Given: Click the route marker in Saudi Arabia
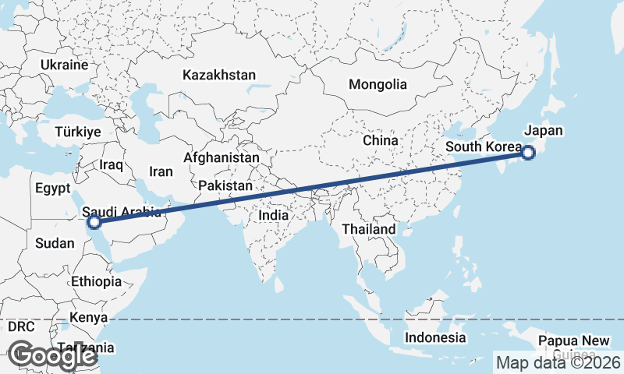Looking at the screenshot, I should click(94, 222).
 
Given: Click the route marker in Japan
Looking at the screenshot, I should click(528, 153).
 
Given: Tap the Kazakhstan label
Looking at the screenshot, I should click(219, 76).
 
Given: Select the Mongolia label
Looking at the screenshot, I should click(378, 84).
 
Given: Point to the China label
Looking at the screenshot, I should click(381, 141).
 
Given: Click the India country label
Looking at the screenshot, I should click(274, 215).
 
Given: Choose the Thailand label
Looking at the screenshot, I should click(368, 229).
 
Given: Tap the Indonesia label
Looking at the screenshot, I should click(435, 338).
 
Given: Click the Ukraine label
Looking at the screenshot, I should click(64, 65).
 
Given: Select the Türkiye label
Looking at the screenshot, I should click(78, 132).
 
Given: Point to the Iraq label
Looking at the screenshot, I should click(112, 165).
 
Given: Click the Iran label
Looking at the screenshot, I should click(161, 172).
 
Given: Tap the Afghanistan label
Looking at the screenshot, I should click(221, 157).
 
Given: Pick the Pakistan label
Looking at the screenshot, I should click(225, 186).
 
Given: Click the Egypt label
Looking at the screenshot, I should click(53, 188).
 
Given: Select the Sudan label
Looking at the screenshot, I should click(55, 243).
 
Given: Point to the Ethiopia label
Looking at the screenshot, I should click(96, 281).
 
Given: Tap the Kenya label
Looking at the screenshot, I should click(88, 317).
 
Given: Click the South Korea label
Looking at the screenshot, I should click(483, 146).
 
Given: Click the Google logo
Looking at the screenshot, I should click(52, 356).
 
